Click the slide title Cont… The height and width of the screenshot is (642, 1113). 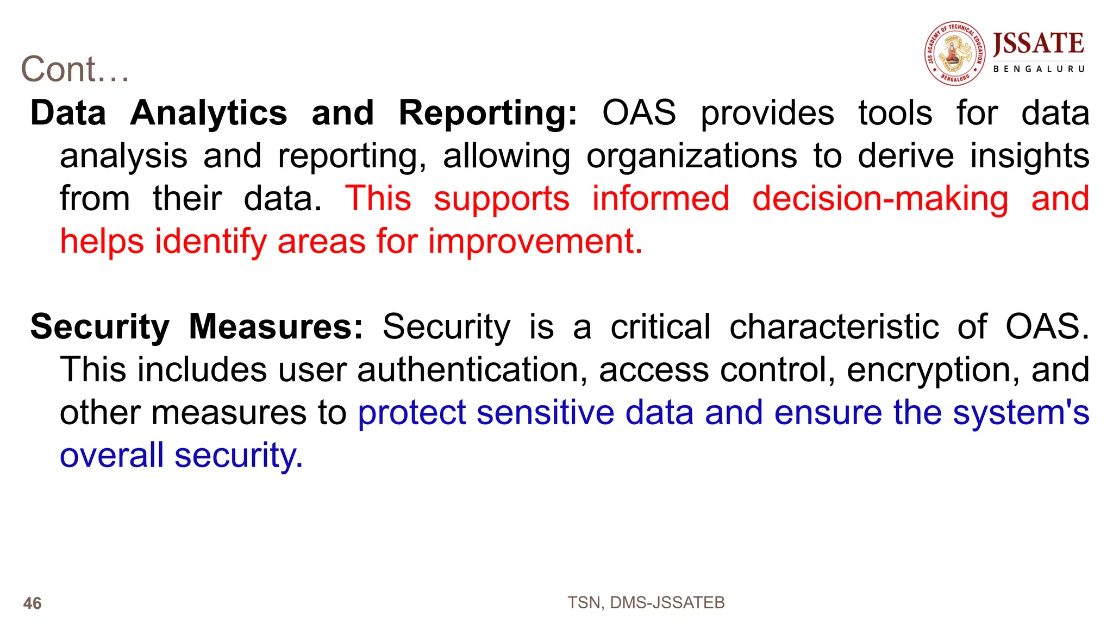click(x=75, y=70)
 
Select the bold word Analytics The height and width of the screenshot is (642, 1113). click(x=209, y=113)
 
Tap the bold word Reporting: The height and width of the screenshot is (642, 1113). click(x=487, y=114)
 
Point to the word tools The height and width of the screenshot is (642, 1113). click(x=895, y=113)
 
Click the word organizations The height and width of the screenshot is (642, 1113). click(x=691, y=156)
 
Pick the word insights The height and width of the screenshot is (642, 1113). click(x=1029, y=156)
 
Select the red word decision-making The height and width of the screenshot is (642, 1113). click(x=880, y=199)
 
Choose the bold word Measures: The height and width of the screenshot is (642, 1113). click(x=276, y=327)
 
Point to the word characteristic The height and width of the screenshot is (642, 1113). click(x=834, y=327)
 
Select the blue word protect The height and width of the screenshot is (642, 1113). click(x=411, y=413)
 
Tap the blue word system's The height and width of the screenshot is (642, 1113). click(x=1021, y=413)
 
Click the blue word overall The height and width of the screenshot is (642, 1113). click(x=111, y=455)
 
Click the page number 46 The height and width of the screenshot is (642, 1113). click(x=33, y=603)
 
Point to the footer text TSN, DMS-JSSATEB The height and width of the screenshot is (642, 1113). click(x=646, y=603)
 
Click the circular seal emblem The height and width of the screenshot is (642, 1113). click(x=955, y=53)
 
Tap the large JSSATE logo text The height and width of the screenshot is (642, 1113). click(x=1038, y=43)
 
